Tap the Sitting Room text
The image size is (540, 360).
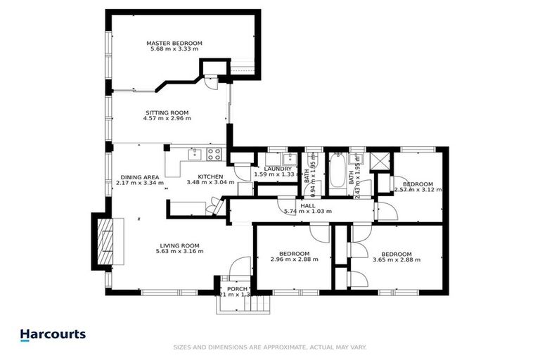click(x=167, y=115)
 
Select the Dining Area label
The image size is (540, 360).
click(x=140, y=179)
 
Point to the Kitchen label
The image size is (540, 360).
click(x=210, y=179)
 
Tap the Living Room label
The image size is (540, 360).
click(x=179, y=248)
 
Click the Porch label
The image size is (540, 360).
click(x=233, y=291)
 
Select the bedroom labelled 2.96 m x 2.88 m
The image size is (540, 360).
click(x=294, y=256)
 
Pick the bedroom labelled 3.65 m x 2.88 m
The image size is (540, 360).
click(x=396, y=256)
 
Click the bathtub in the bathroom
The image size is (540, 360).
click(x=339, y=169)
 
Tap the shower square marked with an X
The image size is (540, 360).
click(x=381, y=160)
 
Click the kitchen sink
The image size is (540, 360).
click(x=194, y=153)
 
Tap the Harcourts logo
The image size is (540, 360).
click(x=53, y=335)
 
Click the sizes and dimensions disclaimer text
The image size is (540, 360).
click(x=270, y=347)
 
